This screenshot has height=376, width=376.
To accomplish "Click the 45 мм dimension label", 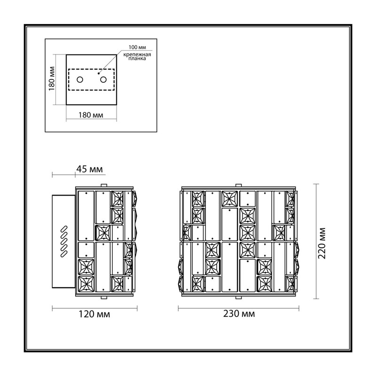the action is click(89, 169).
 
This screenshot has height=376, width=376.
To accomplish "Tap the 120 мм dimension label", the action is click(94, 314).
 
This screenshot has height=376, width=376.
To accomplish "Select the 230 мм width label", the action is click(239, 313).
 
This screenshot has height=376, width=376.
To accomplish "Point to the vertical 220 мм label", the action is click(322, 243).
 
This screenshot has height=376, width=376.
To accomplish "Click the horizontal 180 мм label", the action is click(91, 115).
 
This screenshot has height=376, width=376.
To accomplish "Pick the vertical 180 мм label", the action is click(52, 78).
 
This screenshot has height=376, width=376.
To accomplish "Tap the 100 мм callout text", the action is click(137, 47).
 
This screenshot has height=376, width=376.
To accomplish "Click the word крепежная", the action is click(137, 55).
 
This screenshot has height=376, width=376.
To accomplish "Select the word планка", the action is click(137, 58).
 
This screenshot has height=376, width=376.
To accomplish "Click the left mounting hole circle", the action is click(80, 79).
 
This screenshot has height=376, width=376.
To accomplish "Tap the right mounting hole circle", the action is click(103, 79).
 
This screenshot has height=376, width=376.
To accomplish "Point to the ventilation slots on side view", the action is click(64, 242).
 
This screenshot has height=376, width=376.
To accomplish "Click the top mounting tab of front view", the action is click(239, 185).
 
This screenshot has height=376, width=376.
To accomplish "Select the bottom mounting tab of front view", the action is click(239, 298).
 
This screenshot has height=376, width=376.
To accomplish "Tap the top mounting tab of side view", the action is click(104, 185).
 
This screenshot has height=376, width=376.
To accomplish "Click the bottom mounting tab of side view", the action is click(104, 298).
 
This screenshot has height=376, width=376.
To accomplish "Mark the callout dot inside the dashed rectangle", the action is click(99, 73).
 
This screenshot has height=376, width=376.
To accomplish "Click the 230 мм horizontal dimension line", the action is click(239, 308).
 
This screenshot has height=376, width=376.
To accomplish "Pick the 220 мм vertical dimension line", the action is click(316, 241).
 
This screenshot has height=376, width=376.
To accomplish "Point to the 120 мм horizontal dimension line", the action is click(95, 308).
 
